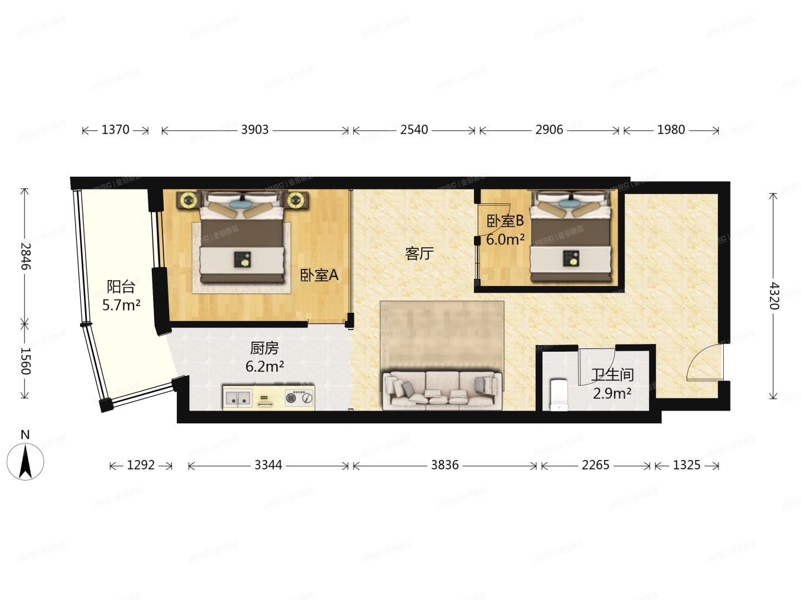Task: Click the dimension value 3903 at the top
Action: pos(255,130)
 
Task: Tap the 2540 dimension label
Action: pos(414,130)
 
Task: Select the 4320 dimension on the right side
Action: pos(774,296)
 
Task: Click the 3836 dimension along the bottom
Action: pos(444,465)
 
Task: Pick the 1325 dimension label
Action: pos(686,465)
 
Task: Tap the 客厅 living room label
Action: pos(419,254)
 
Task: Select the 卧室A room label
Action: pos(319,275)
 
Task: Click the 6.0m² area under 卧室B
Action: pos(505,240)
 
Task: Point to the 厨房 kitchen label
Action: pos(264,348)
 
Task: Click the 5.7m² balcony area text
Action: pos(121,305)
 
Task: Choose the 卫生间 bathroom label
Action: pos(612,376)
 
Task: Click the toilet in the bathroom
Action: pos(557,394)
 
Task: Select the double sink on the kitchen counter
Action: pos(238,398)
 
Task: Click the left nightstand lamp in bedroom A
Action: pos(188,200)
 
